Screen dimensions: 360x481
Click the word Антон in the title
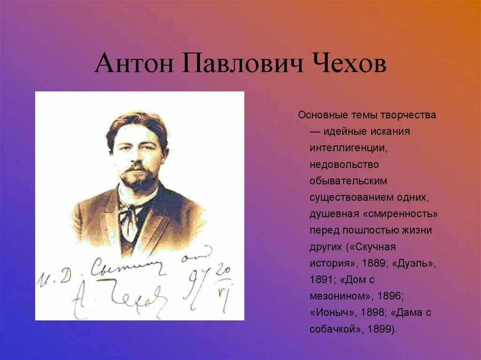[x=133, y=65]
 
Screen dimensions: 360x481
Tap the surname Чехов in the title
[x=348, y=65]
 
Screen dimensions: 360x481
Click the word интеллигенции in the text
[x=348, y=148]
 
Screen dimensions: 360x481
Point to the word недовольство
[x=344, y=164]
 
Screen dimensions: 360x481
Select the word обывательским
[x=349, y=181]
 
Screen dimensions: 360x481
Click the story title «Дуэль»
[x=414, y=263]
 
